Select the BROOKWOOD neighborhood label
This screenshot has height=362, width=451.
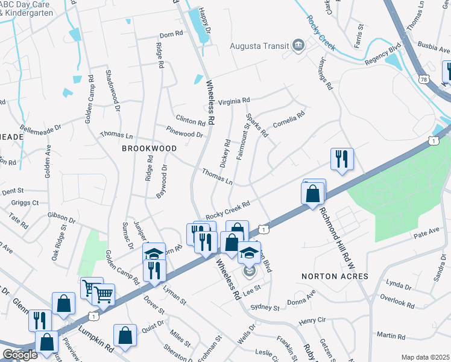point(150,148)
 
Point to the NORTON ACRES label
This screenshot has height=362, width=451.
point(334,276)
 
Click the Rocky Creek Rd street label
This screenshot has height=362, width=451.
point(227,211)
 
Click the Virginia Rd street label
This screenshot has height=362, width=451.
point(234,102)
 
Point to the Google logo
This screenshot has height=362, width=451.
point(20,355)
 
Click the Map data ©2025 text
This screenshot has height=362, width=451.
point(425,357)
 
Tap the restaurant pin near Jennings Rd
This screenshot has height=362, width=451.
point(342,159)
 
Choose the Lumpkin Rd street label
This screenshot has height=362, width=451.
point(96,339)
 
